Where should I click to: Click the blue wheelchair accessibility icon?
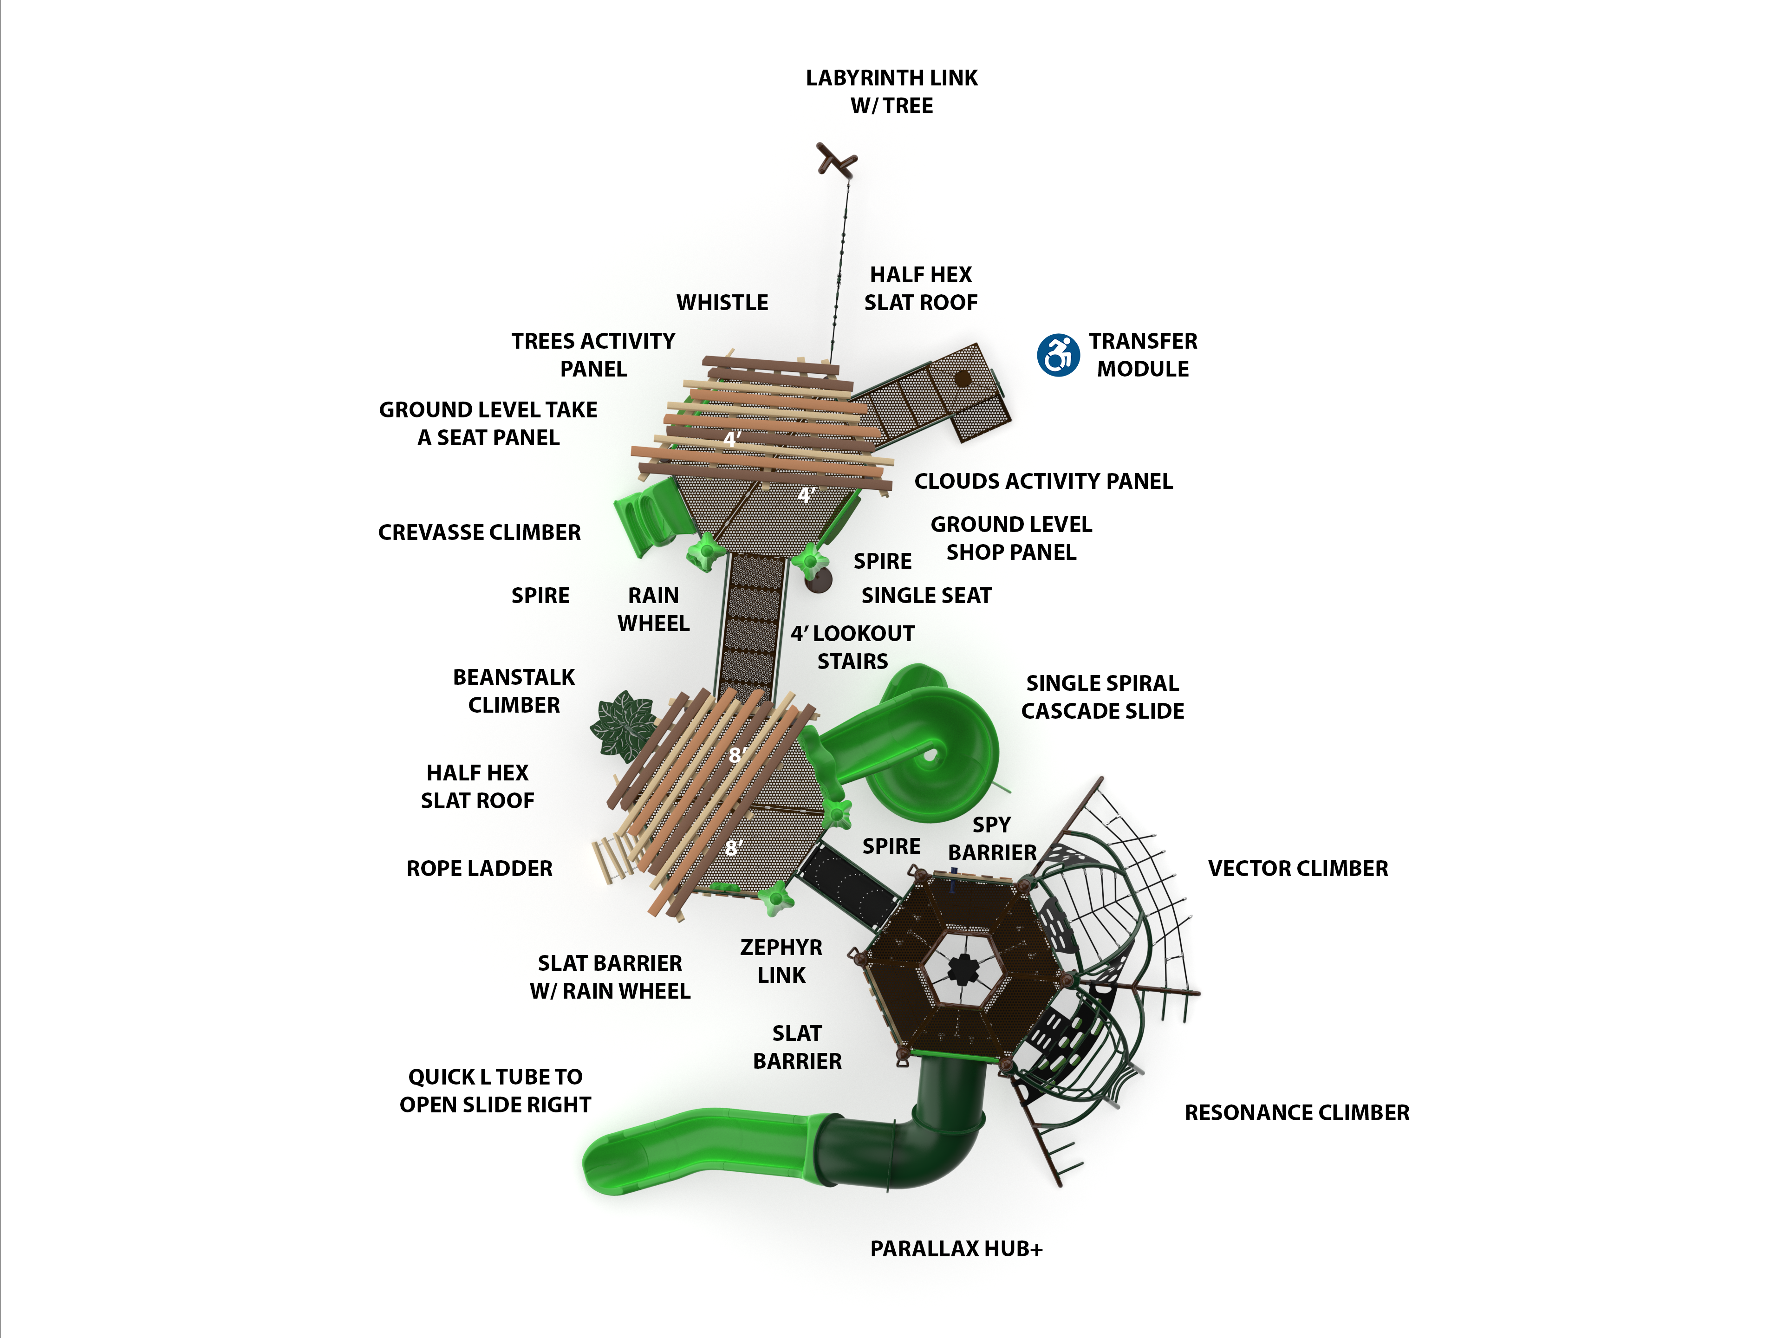tap(1058, 355)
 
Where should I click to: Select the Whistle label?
tap(722, 302)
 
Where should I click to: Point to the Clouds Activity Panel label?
tap(1043, 481)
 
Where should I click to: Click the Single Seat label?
tap(926, 596)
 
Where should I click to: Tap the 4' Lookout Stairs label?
tap(852, 647)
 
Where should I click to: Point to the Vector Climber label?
tap(1298, 868)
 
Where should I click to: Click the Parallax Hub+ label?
tap(956, 1248)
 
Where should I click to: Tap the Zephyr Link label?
tap(781, 961)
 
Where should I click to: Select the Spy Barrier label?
tap(991, 838)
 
